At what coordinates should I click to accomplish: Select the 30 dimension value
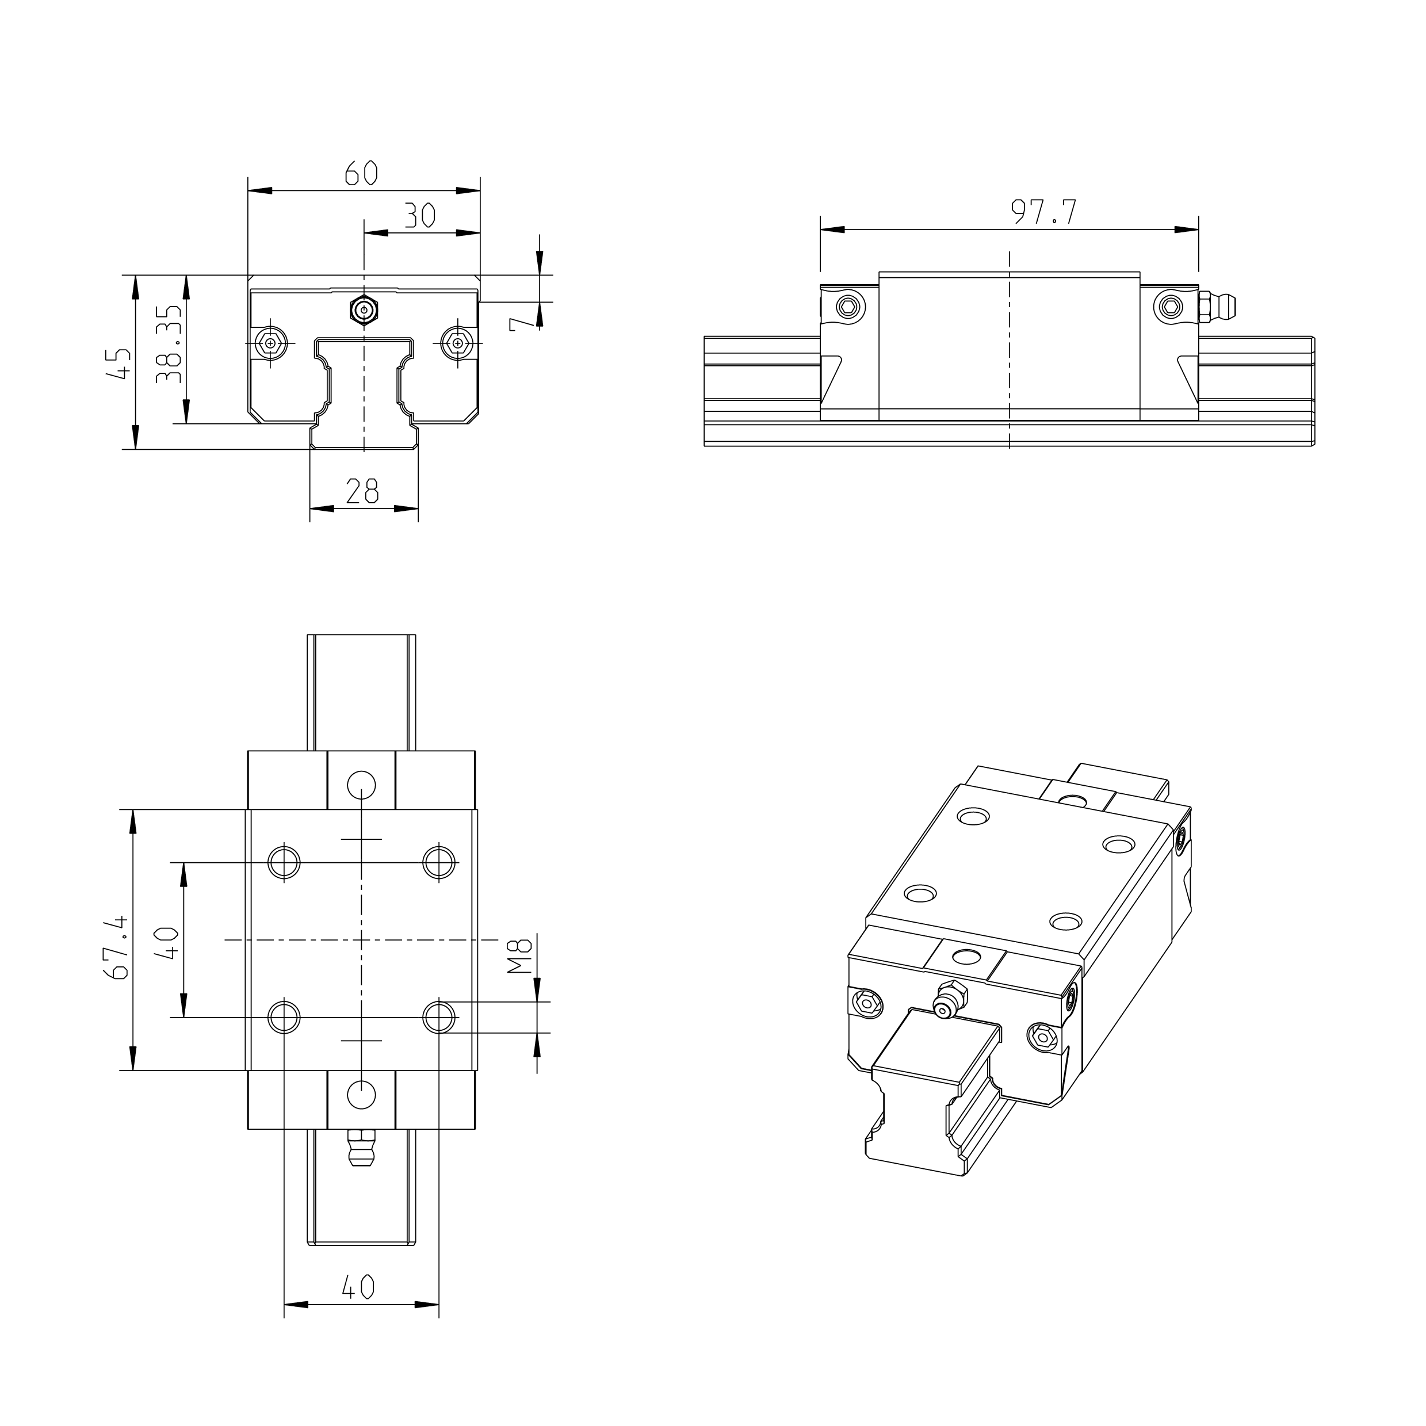pyautogui.click(x=420, y=216)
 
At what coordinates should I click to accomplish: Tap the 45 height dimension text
pyautogui.click(x=120, y=364)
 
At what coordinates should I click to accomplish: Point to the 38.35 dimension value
pyautogui.click(x=169, y=343)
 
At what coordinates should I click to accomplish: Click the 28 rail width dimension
pyautogui.click(x=362, y=491)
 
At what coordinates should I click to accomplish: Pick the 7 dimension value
pyautogui.click(x=521, y=323)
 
